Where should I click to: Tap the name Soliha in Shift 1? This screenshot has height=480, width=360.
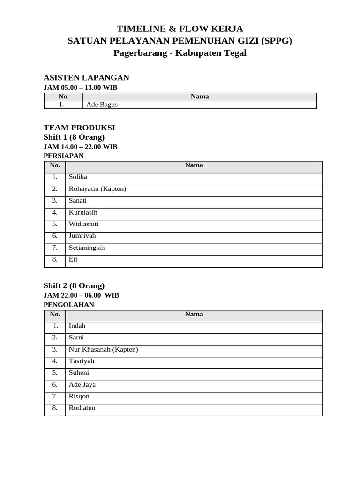coord(78,177)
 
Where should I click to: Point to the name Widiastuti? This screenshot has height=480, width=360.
coord(83,224)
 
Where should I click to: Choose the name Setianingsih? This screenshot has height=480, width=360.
coord(87,247)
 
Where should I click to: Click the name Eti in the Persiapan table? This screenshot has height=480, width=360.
coord(73,259)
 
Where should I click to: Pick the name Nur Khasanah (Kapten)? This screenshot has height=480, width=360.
coord(103,349)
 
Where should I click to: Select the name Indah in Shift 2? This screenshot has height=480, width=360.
coord(77,326)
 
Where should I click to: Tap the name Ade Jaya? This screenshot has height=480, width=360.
coord(82,384)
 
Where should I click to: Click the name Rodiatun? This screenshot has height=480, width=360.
coord(82,408)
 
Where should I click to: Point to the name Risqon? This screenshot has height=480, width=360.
coord(79,396)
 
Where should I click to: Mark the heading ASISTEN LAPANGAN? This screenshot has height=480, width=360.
coord(86,78)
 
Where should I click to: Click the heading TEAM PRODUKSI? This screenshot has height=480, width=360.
coord(79,127)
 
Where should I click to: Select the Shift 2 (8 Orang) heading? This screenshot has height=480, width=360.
coord(74,285)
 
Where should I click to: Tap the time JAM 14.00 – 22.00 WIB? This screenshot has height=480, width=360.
coord(80,147)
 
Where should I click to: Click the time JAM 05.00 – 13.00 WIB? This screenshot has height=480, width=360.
coord(80,88)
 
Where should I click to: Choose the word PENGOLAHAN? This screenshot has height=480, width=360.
coord(68,305)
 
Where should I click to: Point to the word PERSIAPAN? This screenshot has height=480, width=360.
coord(63,156)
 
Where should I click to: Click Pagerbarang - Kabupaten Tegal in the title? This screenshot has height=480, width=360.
coord(180,53)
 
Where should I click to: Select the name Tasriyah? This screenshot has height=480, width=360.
coord(82,361)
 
